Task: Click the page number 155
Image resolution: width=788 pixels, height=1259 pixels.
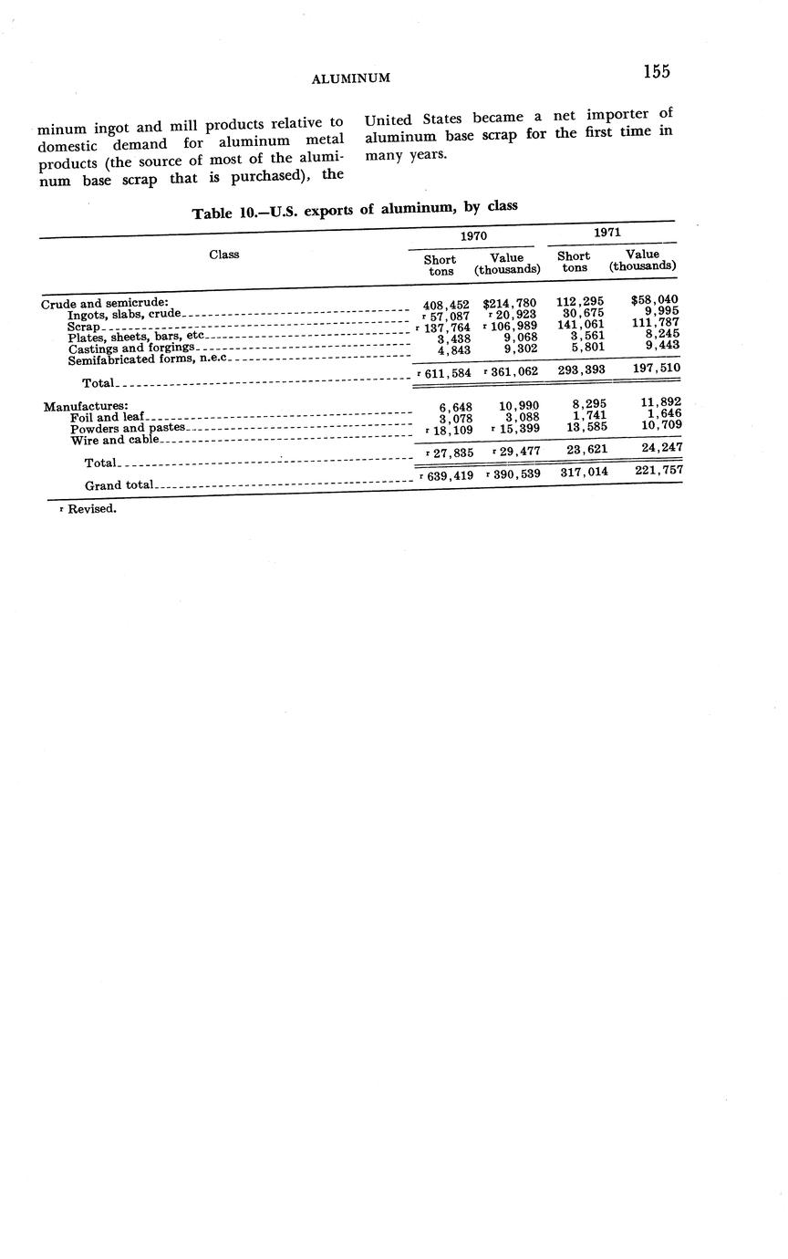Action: (x=656, y=72)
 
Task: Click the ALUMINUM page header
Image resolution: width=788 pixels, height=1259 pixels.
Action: (x=351, y=78)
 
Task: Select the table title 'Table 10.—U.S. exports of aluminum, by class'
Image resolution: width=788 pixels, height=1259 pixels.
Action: (x=355, y=210)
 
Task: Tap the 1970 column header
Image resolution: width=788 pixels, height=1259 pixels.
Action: (x=473, y=235)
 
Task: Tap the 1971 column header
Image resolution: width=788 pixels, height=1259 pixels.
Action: (x=607, y=233)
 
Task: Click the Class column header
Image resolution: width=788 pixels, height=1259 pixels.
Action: (x=224, y=255)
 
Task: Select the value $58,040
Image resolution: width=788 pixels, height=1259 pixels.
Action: (x=654, y=299)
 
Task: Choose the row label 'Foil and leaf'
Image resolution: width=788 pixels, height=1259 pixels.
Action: (x=107, y=418)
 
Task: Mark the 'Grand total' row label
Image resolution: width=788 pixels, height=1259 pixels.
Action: (x=119, y=485)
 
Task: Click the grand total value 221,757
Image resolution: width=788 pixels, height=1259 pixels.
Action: (x=658, y=471)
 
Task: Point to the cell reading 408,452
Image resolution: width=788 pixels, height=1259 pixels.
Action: (x=446, y=305)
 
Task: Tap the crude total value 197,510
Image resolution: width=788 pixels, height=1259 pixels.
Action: (x=656, y=369)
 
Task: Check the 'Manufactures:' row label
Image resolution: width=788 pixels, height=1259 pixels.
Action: (x=86, y=406)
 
